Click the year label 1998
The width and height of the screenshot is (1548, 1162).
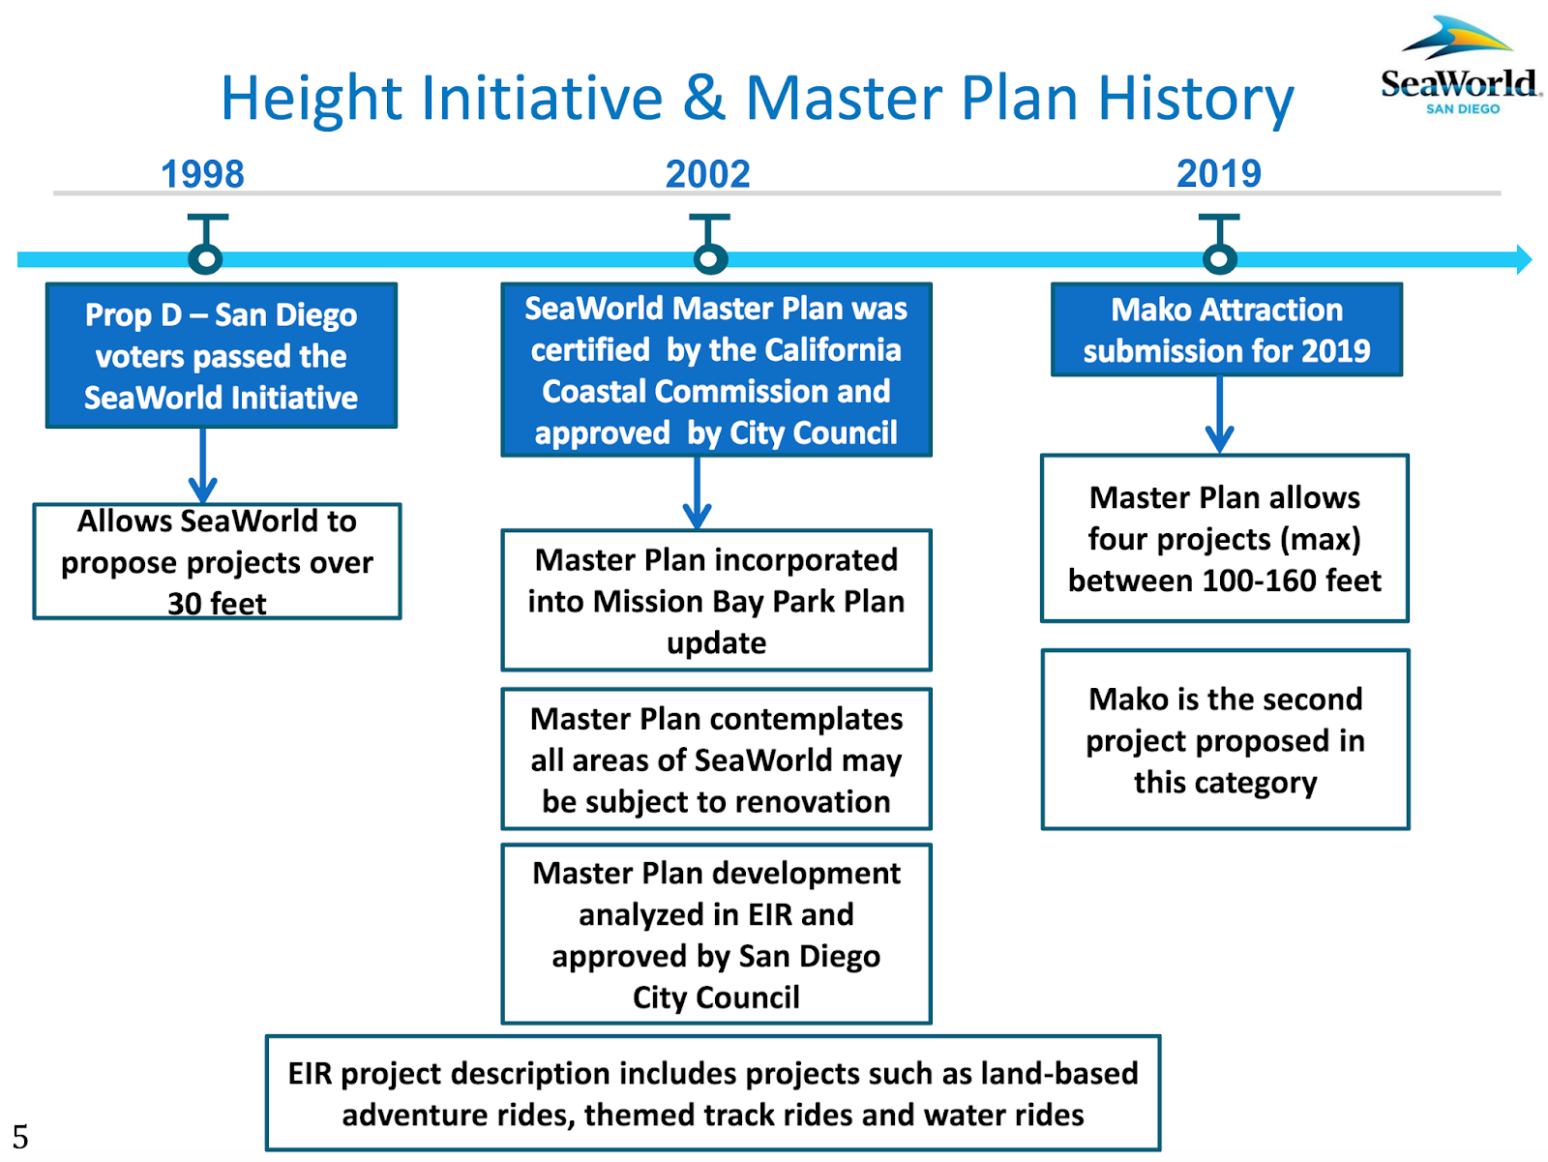tap(202, 174)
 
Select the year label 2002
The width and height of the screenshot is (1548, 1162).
tap(707, 174)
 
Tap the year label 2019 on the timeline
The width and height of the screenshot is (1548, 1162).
tap(1218, 174)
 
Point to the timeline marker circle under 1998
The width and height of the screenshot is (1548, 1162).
tap(206, 259)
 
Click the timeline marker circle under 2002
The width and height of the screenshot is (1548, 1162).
tap(710, 259)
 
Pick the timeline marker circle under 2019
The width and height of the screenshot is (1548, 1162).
tap(1219, 259)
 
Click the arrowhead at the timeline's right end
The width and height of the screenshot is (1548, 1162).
tap(1524, 259)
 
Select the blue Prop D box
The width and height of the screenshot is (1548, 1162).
tap(222, 355)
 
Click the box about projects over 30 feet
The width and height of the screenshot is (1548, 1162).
tap(217, 561)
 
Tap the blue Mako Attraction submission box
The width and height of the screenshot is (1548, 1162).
tap(1226, 329)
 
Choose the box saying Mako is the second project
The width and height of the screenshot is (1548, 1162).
tap(1225, 739)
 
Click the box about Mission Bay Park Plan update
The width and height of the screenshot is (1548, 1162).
tap(716, 600)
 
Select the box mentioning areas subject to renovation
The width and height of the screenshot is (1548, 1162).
tap(716, 760)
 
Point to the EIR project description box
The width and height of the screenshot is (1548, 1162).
tap(713, 1093)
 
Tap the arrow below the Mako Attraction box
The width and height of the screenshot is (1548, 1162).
tap(1219, 416)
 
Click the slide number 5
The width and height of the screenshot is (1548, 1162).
tap(20, 1136)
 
